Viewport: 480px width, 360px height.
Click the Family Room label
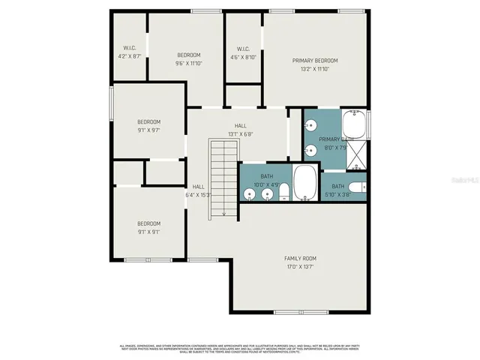[299, 258]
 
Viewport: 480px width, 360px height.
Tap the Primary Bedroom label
[315, 60]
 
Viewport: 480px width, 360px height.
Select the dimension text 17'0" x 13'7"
[299, 266]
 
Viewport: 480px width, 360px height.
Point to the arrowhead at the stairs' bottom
[223, 214]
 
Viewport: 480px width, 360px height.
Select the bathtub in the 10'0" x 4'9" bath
[304, 184]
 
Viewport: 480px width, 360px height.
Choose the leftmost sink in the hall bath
[250, 195]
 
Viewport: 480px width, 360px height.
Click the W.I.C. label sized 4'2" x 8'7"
[130, 50]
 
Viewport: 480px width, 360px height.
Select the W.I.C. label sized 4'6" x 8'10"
[242, 50]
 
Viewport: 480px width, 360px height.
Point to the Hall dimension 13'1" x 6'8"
[240, 134]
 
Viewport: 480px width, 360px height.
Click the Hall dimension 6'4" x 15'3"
[199, 194]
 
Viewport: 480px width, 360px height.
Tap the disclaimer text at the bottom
[240, 348]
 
